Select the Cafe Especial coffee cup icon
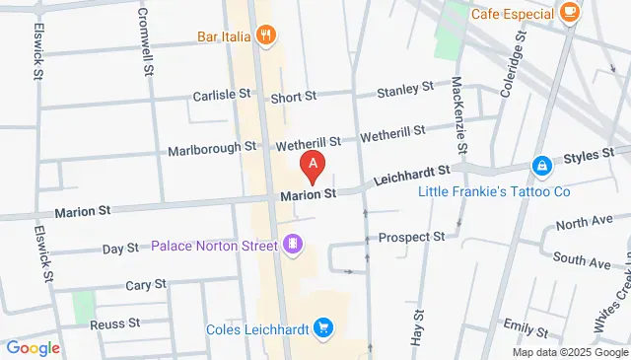569,12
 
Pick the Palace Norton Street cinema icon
292,244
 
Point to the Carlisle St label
229,96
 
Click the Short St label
293,97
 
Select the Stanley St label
406,90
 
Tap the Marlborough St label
212,148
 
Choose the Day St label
120,249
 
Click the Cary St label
145,285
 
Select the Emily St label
517,324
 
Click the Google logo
34,347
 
